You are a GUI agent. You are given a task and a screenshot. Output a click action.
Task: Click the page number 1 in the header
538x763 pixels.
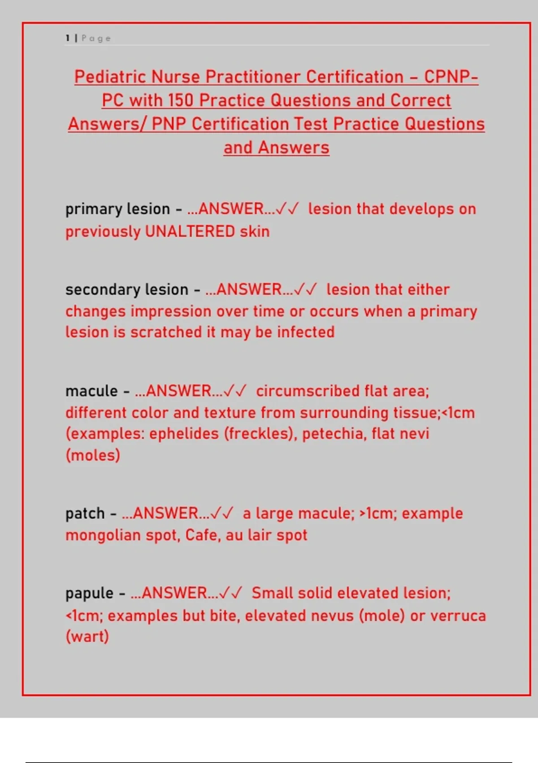click(68, 38)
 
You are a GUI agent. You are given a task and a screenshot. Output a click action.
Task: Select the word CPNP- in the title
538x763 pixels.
click(451, 77)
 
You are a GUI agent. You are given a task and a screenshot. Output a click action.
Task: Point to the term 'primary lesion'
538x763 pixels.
click(117, 209)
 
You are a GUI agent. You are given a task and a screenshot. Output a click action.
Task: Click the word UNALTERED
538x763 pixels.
click(190, 232)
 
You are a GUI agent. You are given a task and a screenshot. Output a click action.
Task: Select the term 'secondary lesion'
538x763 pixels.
click(126, 289)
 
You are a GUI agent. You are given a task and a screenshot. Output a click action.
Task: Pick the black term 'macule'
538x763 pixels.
click(91, 391)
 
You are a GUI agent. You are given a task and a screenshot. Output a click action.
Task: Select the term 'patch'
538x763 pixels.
click(85, 513)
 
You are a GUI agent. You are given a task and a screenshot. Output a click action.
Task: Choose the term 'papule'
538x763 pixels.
click(89, 593)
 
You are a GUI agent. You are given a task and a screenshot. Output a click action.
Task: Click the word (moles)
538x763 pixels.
click(92, 455)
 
